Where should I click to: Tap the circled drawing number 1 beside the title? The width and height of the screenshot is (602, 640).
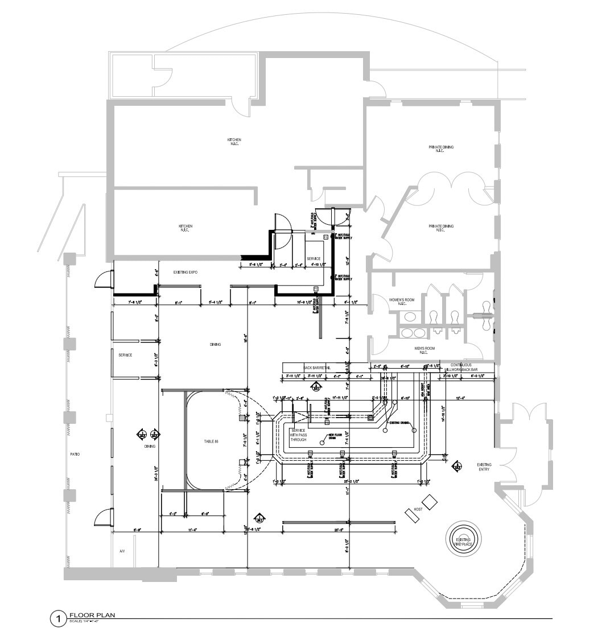[x=58, y=618]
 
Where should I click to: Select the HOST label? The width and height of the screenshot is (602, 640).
[x=418, y=509]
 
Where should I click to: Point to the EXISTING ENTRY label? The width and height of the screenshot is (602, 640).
[x=484, y=467]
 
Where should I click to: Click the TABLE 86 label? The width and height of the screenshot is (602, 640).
[x=211, y=441]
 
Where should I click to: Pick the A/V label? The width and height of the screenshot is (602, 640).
[x=122, y=551]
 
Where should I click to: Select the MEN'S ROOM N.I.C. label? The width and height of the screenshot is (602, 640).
[x=423, y=350]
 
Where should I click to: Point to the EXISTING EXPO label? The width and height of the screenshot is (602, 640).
[x=185, y=272]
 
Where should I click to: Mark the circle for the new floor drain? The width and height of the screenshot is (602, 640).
[x=322, y=440]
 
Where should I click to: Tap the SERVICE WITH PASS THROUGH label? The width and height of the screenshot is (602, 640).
[x=299, y=435]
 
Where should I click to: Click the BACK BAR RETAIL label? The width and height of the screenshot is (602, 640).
[x=317, y=368]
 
